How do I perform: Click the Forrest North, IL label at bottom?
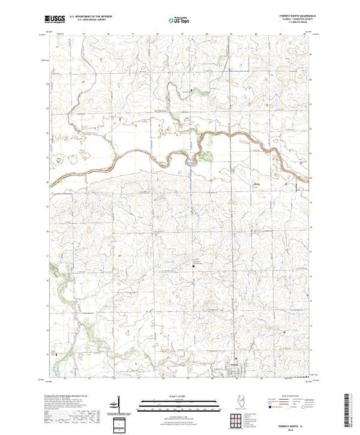click(x=296, y=420)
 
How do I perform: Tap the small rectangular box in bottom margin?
click(x=120, y=423)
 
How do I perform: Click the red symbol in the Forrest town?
click(x=236, y=358)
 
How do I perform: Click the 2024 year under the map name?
click(x=296, y=425)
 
